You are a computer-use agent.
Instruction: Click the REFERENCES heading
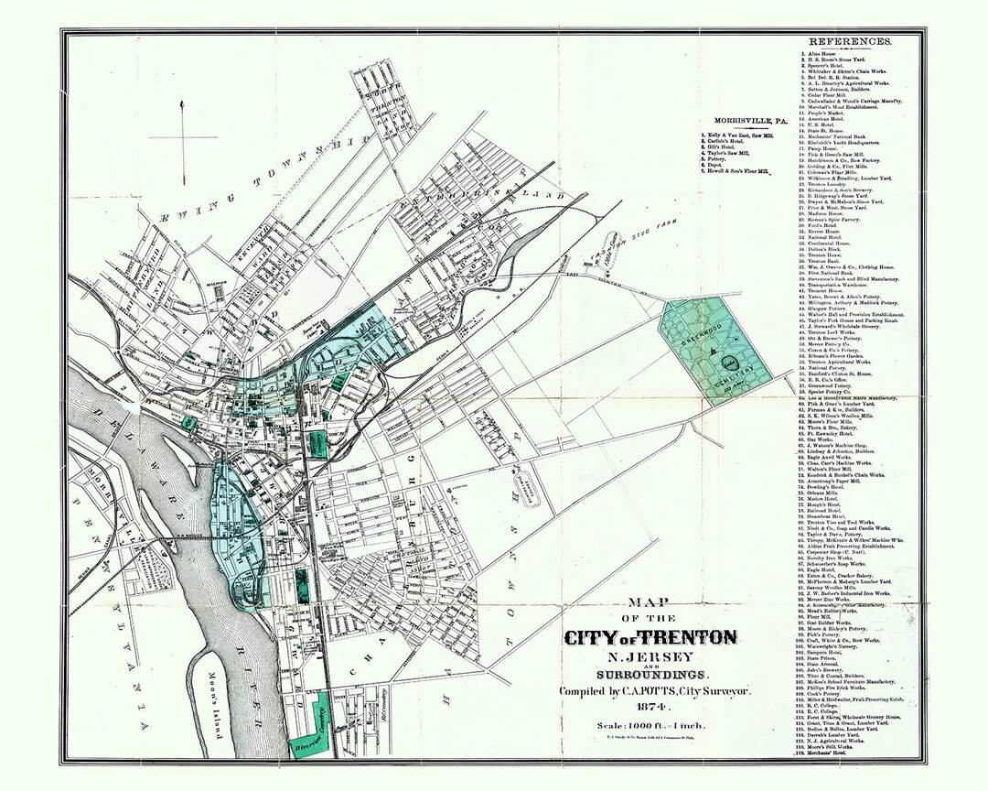[x=850, y=42]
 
